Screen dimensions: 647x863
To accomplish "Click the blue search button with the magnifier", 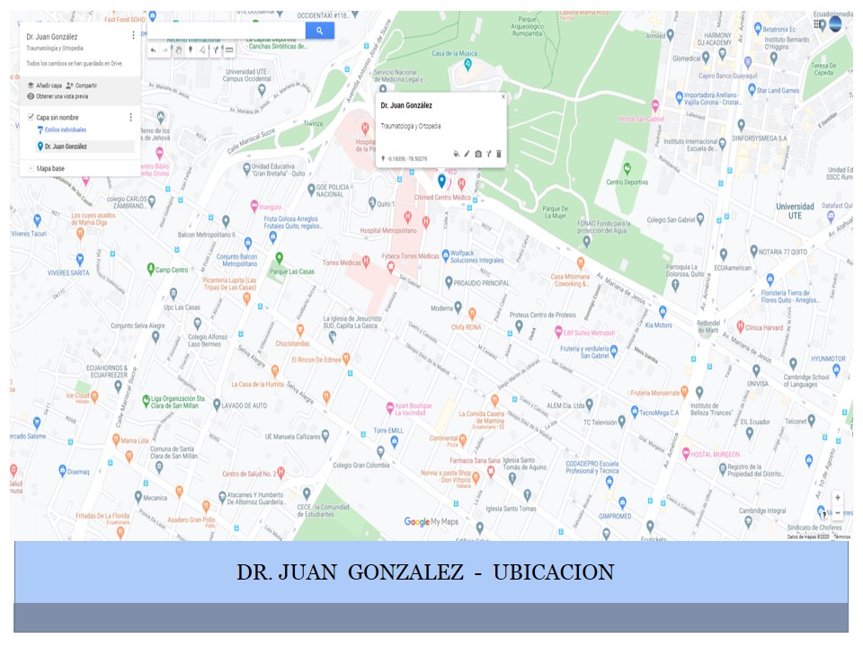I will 319,31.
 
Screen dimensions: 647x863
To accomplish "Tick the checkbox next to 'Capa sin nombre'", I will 31,117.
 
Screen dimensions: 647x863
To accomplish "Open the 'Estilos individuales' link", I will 66,130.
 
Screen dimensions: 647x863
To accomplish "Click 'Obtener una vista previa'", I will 61,95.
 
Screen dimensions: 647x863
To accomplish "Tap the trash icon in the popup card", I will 500,154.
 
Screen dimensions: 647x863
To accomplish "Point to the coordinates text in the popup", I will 407,159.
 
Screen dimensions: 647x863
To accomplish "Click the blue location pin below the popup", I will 440,181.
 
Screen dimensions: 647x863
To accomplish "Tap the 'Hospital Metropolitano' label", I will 388,230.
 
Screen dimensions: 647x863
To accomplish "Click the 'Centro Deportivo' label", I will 627,182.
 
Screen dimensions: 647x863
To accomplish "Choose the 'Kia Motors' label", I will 659,324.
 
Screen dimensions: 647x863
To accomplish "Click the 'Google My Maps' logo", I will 431,521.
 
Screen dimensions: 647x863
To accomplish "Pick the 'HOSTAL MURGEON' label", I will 715,454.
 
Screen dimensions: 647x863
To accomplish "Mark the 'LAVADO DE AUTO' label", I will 245,406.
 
